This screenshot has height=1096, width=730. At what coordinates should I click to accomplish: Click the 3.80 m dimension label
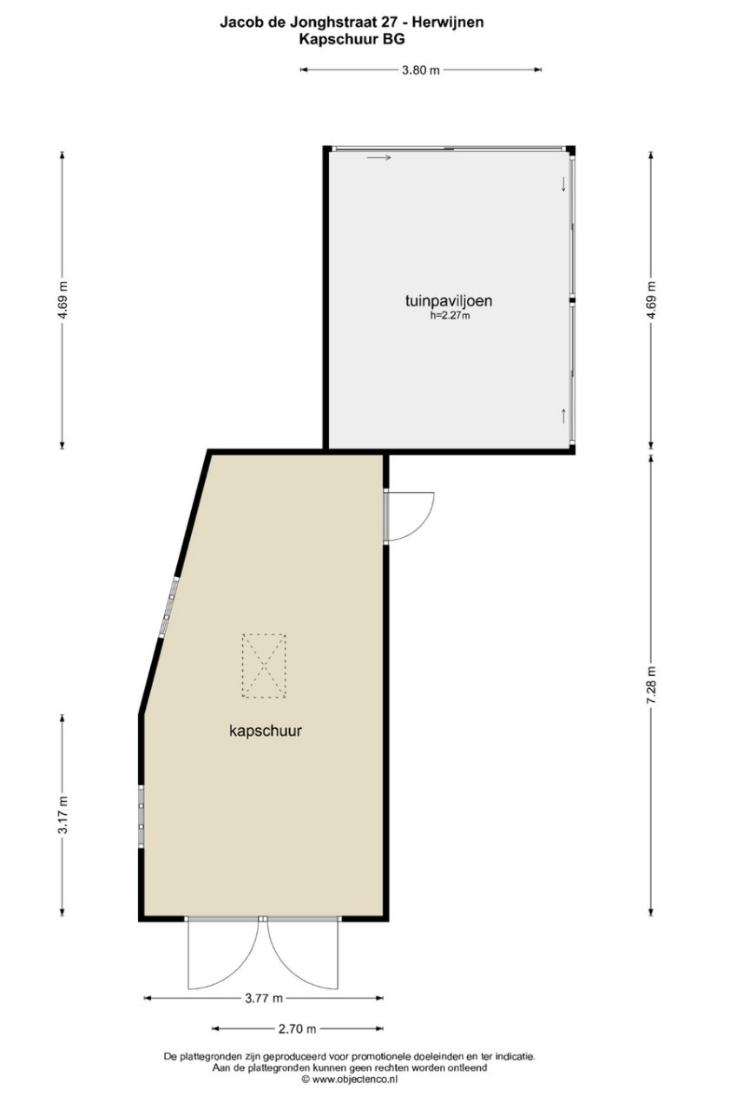(x=420, y=70)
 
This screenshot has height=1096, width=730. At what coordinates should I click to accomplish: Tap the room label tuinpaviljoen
(x=449, y=300)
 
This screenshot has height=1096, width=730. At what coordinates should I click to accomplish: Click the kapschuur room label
(x=266, y=731)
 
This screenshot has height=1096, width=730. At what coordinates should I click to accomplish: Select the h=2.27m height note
(x=450, y=316)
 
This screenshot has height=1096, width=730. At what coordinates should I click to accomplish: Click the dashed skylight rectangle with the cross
(x=264, y=666)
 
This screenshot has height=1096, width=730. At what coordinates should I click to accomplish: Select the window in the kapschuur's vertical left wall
(x=141, y=816)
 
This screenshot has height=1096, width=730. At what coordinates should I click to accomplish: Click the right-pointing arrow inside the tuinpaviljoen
(x=378, y=158)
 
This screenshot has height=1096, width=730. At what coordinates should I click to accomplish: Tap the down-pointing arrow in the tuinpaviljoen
(x=563, y=184)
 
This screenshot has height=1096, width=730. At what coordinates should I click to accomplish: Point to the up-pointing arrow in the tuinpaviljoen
(x=563, y=416)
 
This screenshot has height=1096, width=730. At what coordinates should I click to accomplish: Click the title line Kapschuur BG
(x=352, y=39)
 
